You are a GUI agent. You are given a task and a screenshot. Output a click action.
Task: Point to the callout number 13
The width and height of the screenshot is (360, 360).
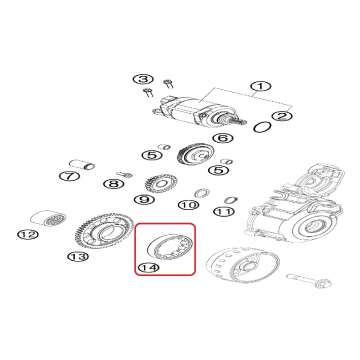click(79, 257)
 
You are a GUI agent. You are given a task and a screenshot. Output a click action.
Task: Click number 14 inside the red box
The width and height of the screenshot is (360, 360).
click(149, 267)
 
